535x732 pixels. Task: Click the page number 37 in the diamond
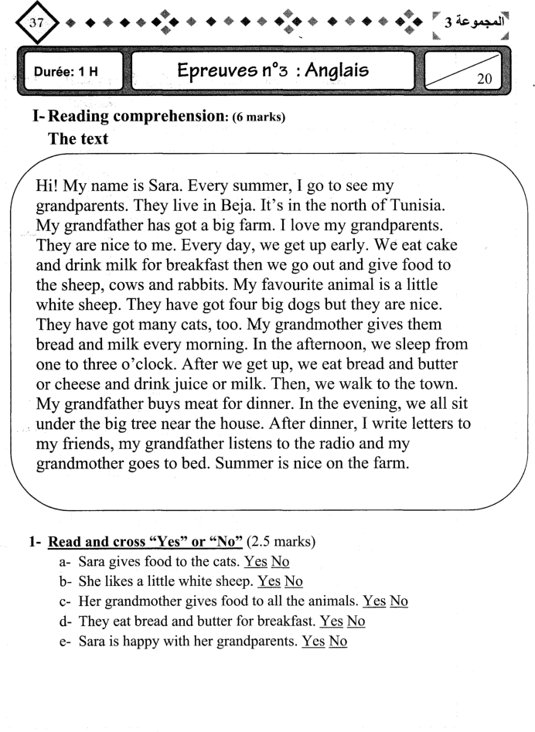(x=34, y=23)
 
